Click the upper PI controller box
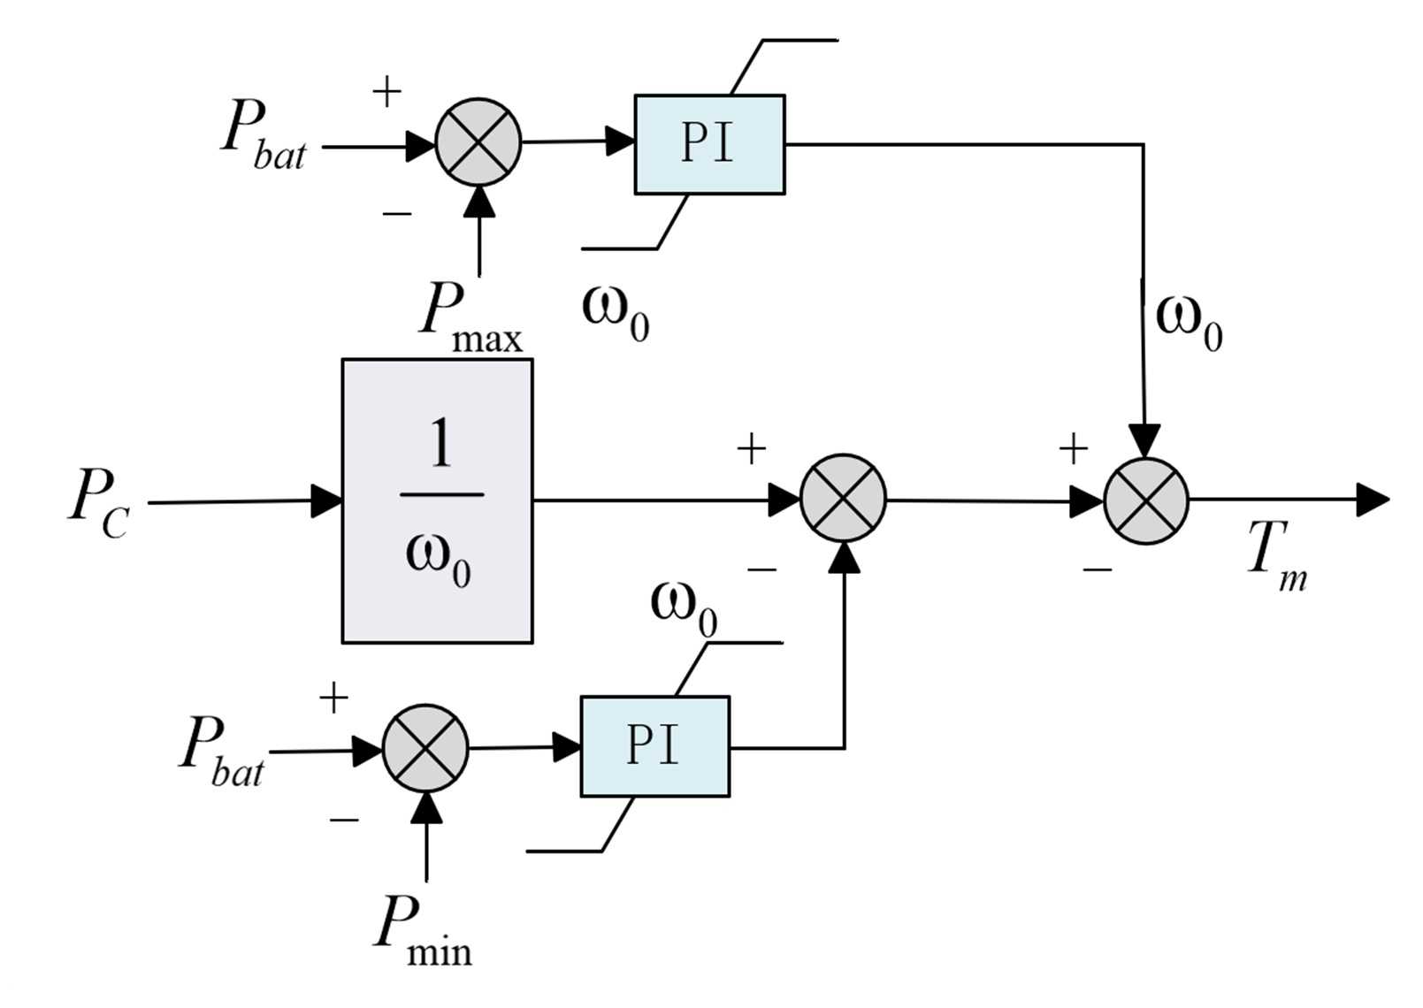pos(709,144)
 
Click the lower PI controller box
pos(654,746)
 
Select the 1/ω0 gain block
pos(437,500)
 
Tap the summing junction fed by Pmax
pos(478,142)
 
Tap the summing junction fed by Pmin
pos(425,748)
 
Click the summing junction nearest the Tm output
pos(1146,500)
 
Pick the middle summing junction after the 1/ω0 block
pos(843,499)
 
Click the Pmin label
pos(422,930)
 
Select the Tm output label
pos(1275,554)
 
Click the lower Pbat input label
pos(222,751)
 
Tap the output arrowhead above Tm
pos(1373,500)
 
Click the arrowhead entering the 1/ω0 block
pos(327,500)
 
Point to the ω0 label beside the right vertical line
pos(1189,322)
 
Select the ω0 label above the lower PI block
pos(683,608)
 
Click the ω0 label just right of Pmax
pos(616,312)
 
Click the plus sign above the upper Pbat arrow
pos(386,91)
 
